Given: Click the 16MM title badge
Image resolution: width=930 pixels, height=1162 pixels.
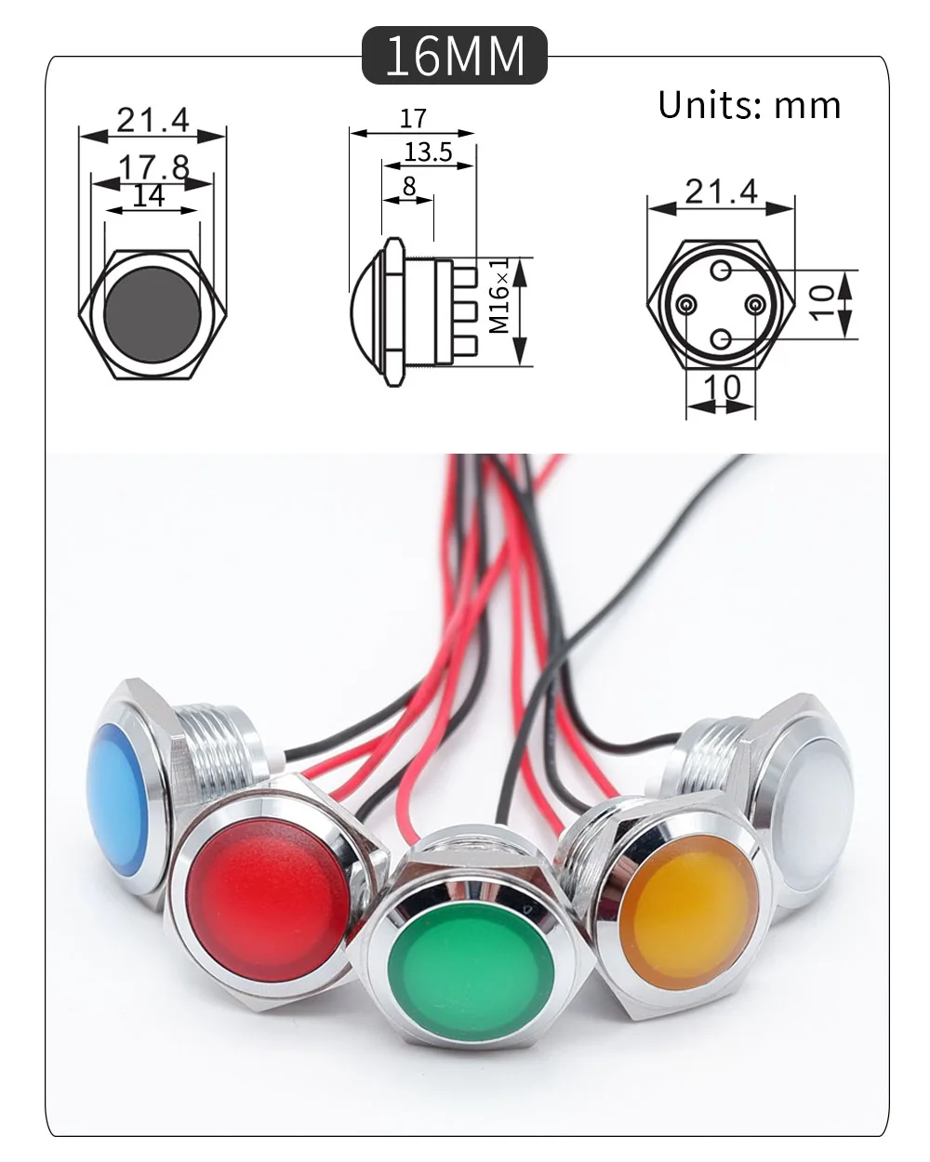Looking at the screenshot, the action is pos(454,55).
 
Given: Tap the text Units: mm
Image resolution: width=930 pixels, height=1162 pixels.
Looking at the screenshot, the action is pos(749,105).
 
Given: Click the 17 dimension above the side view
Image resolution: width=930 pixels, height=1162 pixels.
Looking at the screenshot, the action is pos(413,119).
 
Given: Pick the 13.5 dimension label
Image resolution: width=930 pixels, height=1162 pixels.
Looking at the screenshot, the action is pos(429,152).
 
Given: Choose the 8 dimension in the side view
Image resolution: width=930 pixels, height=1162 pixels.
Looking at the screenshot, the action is pos(409,186).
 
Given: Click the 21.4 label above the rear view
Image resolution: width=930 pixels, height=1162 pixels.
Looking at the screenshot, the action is pos(722,191).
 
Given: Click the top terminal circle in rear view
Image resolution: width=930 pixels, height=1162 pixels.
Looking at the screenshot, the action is pos(722,271).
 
